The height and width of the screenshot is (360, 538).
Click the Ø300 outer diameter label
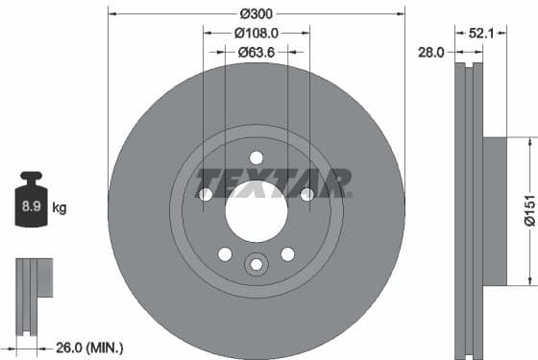[256, 13]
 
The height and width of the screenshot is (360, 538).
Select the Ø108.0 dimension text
[256, 33]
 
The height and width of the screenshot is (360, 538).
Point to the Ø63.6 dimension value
[256, 53]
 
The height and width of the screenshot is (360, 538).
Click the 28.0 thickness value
[430, 53]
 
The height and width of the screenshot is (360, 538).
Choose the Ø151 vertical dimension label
[527, 210]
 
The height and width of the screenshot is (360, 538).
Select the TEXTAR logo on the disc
[272, 181]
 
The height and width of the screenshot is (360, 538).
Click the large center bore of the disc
[256, 210]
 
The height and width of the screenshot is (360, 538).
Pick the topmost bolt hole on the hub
[256, 157]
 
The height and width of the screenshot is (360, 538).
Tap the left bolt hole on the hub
[205, 195]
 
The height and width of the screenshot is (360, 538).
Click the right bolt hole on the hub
[306, 195]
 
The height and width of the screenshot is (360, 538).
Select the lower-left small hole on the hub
[225, 253]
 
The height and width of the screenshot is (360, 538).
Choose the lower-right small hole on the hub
[287, 253]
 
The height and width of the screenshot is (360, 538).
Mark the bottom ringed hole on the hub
[256, 264]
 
